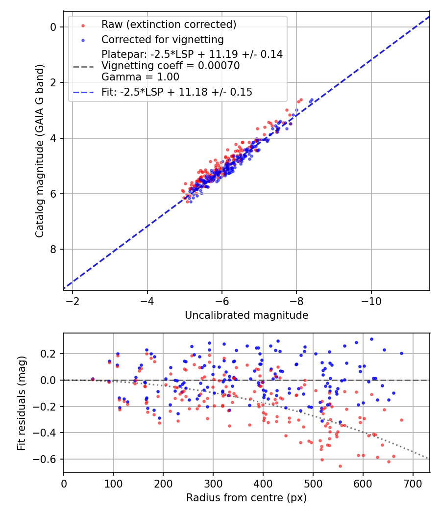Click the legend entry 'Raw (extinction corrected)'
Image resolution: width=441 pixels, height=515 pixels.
[169, 25]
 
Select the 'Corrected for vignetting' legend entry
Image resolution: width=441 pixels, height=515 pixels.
[162, 40]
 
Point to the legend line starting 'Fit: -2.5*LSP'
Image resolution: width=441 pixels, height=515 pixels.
[176, 92]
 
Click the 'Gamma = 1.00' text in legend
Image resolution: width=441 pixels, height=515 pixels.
[140, 77]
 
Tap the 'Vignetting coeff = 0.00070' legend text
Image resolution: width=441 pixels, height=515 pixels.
[171, 66]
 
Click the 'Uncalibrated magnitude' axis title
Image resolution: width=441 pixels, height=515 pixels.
[246, 315]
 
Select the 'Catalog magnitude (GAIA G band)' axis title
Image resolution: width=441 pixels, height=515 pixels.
[40, 150]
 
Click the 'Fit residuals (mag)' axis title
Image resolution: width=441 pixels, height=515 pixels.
[21, 403]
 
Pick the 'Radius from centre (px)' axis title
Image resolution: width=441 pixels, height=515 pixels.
[246, 498]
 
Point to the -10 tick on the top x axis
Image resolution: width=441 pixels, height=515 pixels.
[371, 300]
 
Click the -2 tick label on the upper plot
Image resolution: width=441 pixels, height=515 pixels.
[73, 300]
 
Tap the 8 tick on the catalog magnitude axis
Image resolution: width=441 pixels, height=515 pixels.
[53, 249]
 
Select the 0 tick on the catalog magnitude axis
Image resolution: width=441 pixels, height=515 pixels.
[53, 27]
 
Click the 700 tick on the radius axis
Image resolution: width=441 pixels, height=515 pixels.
[413, 483]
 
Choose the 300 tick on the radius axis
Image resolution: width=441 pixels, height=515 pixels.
[213, 483]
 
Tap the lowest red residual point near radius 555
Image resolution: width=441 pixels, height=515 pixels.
[340, 466]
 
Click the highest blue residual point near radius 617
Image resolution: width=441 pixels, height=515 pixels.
[371, 339]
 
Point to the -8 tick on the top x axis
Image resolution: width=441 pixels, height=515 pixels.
[296, 300]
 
